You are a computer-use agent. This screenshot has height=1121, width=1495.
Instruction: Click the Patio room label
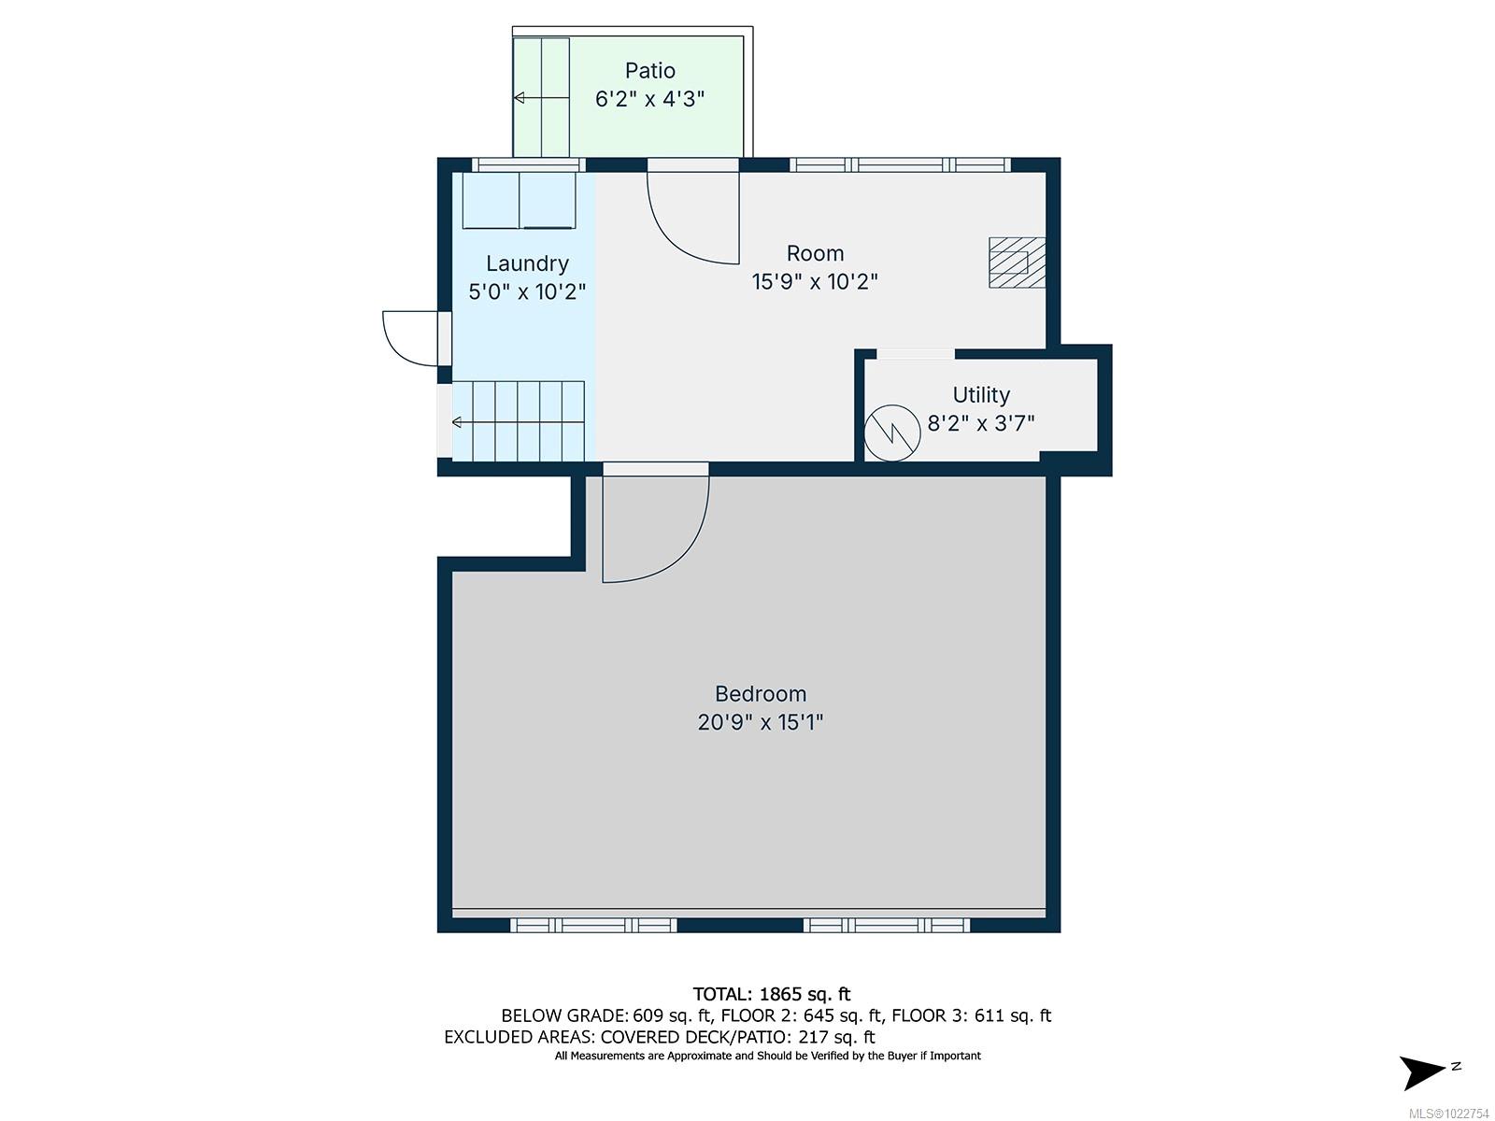point(650,71)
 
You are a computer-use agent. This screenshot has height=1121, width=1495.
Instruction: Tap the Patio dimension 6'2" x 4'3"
point(650,99)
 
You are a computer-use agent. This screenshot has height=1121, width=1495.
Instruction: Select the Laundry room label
point(527,263)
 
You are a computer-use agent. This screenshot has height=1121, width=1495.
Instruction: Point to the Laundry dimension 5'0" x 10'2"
point(527,292)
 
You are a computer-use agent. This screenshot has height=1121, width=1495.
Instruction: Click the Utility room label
point(981,395)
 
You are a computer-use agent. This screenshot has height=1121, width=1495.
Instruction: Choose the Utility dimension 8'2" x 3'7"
point(981,424)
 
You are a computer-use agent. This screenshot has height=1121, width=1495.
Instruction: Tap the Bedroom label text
point(761,694)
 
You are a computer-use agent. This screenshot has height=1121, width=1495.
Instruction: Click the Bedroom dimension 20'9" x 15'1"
point(761,722)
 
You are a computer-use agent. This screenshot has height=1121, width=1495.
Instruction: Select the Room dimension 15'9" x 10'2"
point(815,281)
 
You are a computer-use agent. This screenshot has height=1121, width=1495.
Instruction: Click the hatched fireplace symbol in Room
point(1017,263)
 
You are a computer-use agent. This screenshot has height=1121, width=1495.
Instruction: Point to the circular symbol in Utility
point(892,433)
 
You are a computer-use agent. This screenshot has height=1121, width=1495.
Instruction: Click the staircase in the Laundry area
point(519,421)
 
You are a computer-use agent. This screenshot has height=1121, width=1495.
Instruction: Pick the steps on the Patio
point(542,97)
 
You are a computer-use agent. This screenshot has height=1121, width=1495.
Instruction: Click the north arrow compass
point(1425,1071)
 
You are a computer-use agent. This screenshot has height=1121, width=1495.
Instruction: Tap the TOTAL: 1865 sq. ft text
point(772,994)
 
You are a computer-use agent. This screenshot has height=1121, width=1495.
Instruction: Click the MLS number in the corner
point(1452,1113)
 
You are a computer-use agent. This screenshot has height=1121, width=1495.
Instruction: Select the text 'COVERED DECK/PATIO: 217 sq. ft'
point(737,1036)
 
